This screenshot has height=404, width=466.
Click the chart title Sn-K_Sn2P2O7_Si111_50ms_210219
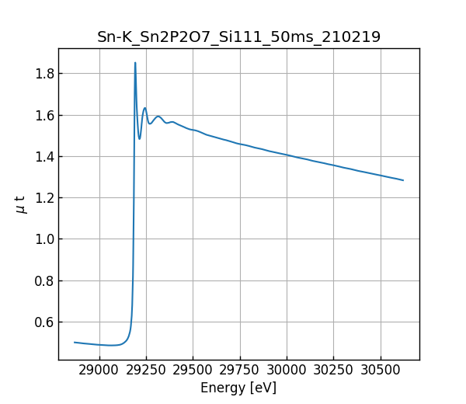pos(238,37)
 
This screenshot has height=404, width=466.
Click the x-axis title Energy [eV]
pos(238,388)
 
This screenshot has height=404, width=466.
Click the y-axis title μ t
pos(20,204)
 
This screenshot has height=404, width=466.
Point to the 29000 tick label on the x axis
pos(99,371)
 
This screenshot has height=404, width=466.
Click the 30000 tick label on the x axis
pos(287,371)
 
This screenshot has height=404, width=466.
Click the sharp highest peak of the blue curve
pos(135,63)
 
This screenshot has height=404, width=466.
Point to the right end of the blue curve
pos(403,180)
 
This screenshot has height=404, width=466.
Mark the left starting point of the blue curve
pos(75,342)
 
